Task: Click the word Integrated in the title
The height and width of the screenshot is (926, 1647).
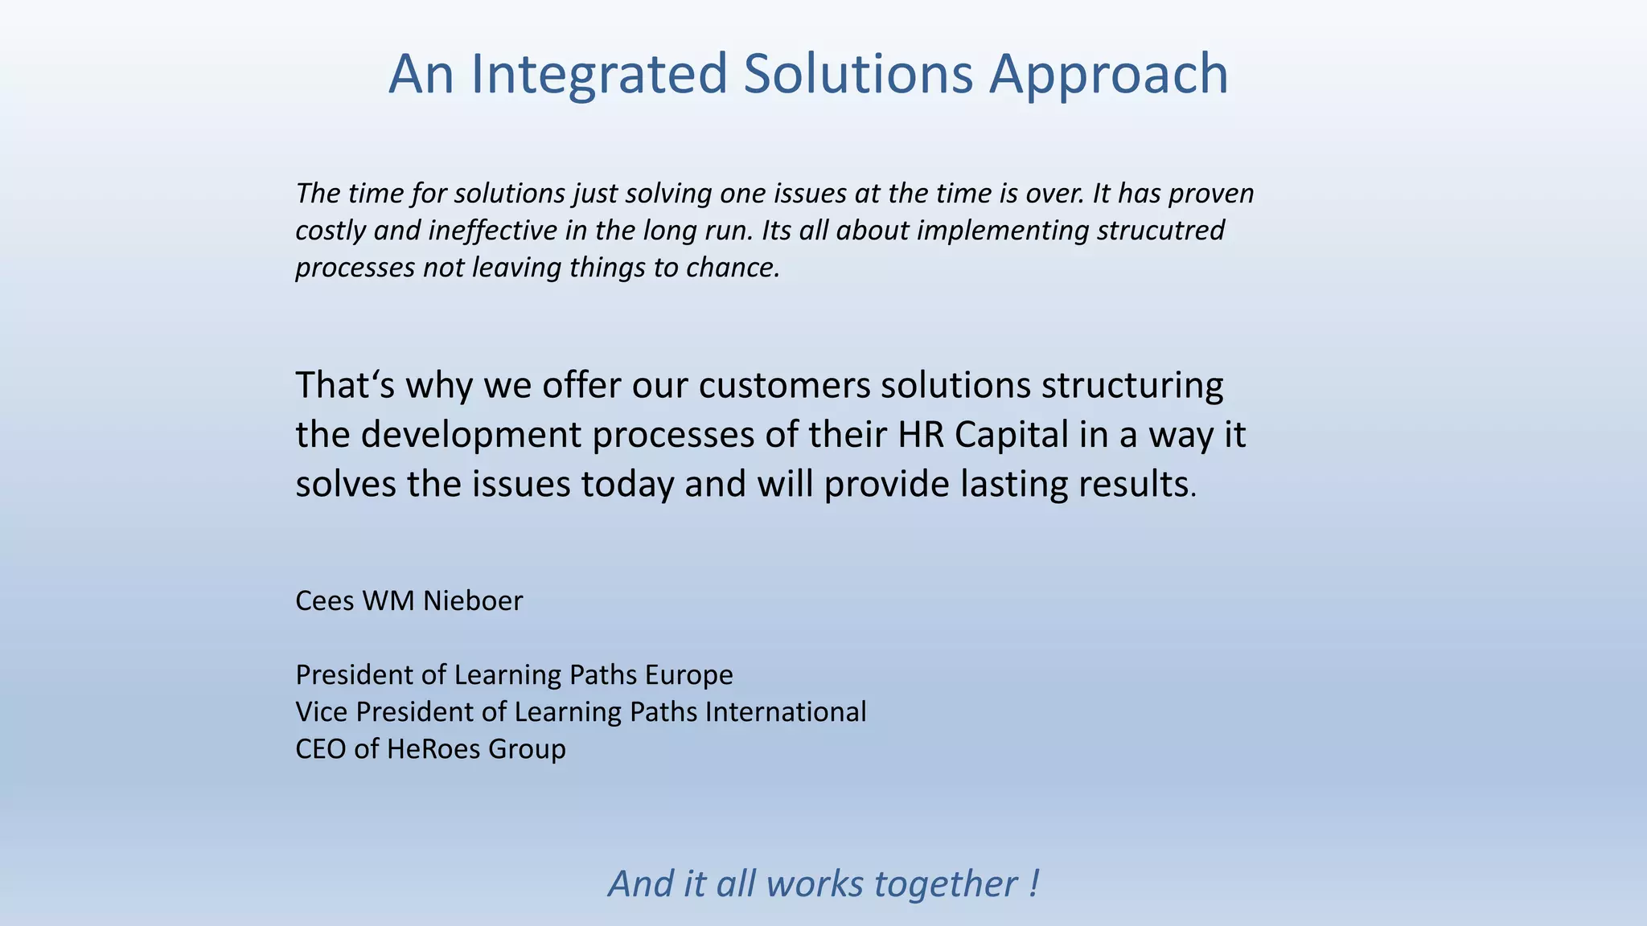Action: [x=598, y=74]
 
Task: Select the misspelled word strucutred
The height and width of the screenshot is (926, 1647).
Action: [x=1160, y=231]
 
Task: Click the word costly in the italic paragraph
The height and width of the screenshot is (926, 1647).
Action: [x=331, y=231]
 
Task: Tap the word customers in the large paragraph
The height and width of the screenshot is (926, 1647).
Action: [x=784, y=385]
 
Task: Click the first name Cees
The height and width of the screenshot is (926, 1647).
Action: [x=324, y=600]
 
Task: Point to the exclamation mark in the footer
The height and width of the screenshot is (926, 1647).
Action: [x=1033, y=883]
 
